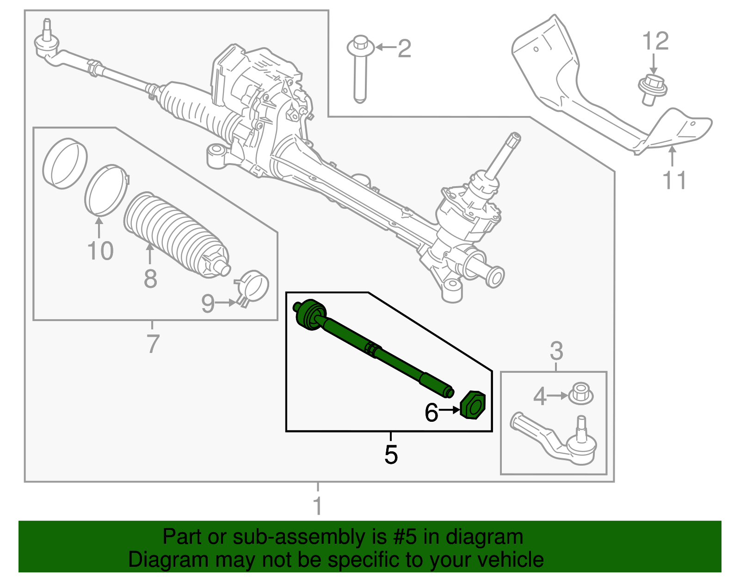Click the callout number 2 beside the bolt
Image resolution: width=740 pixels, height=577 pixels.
click(404, 49)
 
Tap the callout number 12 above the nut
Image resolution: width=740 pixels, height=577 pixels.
click(655, 42)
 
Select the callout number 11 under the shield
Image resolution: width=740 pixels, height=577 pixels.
click(674, 180)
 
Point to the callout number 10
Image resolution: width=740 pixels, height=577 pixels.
click(100, 251)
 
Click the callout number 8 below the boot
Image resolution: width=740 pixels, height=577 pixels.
click(150, 279)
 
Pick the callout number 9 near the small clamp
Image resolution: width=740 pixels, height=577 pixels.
click(208, 304)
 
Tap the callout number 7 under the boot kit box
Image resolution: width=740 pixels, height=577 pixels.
click(153, 344)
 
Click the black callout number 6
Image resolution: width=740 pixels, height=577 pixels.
click(431, 413)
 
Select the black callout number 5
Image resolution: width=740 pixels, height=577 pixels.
click(391, 455)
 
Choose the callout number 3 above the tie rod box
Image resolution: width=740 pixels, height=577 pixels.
click(556, 351)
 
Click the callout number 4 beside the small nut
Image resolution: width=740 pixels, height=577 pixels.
click(540, 396)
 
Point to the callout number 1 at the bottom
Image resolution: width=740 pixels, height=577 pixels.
click(318, 506)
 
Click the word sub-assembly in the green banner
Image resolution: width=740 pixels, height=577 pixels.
click(298, 537)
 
